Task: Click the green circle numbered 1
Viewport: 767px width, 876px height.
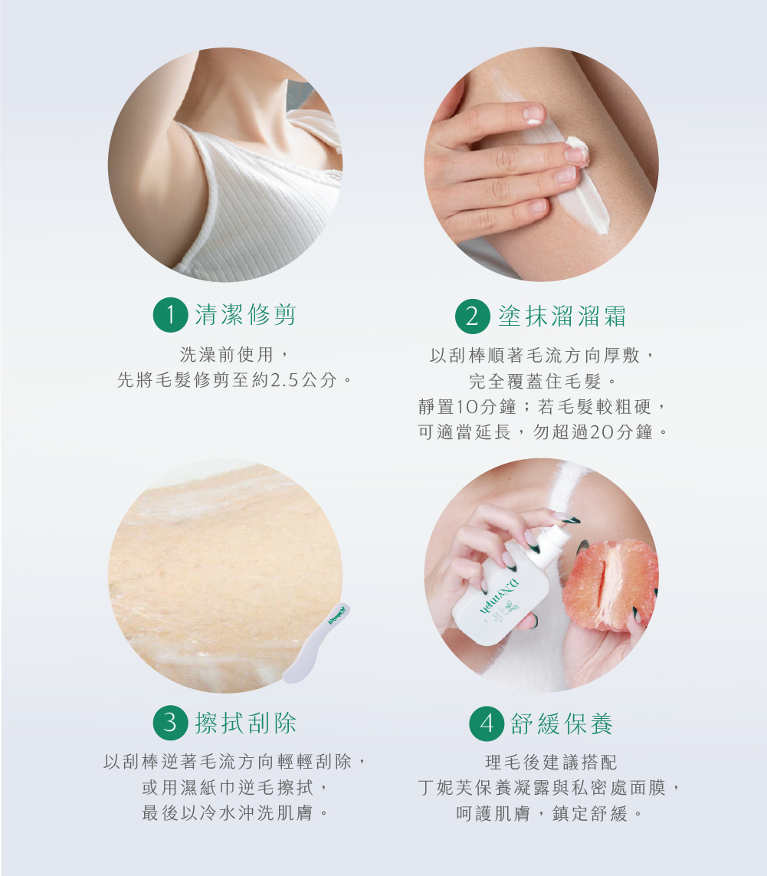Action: click(170, 315)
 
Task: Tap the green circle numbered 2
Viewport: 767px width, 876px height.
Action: click(473, 317)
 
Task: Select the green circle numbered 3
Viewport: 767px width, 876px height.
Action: click(170, 723)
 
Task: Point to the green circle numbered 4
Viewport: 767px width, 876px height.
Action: click(487, 723)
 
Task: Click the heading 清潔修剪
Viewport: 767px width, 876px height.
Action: click(245, 314)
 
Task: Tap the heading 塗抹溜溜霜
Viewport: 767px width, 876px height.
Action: click(562, 316)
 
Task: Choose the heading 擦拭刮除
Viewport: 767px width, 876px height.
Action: click(245, 723)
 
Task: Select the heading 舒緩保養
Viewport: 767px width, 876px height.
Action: click(562, 723)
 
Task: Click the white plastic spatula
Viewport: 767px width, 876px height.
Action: click(316, 644)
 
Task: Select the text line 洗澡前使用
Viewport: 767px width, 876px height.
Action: click(234, 354)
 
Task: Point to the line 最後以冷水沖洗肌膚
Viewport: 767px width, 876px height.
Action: click(235, 812)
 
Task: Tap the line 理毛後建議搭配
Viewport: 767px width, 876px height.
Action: click(551, 762)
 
